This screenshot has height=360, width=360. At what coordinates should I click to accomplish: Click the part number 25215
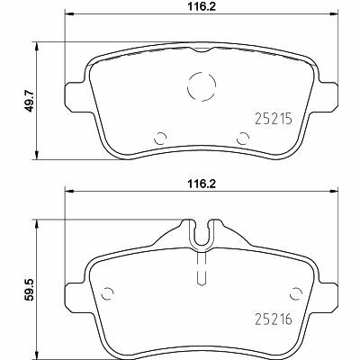pos(273,119)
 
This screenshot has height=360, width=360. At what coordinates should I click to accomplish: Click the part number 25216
pos(273,319)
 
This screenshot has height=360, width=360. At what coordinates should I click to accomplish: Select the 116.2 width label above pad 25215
pos(202,7)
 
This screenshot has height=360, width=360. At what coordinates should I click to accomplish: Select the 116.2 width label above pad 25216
pos(202,184)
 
